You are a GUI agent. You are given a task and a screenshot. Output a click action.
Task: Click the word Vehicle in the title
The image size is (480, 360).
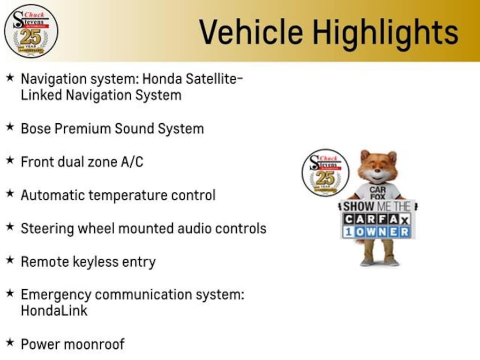[x=251, y=32]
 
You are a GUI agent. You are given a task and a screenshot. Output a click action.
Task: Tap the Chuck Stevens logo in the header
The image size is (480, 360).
[x=31, y=31]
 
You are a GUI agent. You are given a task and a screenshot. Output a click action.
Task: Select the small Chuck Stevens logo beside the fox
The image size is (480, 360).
[x=325, y=172]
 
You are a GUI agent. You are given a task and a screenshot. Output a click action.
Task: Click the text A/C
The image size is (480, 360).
[x=132, y=162]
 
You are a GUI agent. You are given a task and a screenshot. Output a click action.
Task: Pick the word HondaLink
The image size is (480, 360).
[x=54, y=311]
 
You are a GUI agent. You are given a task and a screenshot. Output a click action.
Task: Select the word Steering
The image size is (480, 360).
[x=47, y=229]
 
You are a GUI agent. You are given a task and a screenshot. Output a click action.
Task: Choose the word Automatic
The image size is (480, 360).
[x=53, y=195]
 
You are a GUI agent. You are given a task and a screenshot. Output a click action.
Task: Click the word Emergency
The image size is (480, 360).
[x=56, y=295]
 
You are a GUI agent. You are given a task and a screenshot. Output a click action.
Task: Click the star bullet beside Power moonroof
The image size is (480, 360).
[x=10, y=342]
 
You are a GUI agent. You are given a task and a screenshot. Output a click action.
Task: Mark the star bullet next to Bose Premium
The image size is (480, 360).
[x=10, y=127]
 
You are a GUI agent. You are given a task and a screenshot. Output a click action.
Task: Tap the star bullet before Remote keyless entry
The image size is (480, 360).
[x=10, y=260]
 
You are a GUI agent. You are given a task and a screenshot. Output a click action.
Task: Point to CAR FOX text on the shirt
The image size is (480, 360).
[x=377, y=193]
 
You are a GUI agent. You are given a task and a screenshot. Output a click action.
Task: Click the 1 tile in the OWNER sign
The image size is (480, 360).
[x=348, y=232]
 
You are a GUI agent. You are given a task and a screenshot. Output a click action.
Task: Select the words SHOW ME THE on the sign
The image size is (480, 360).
[x=377, y=206]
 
